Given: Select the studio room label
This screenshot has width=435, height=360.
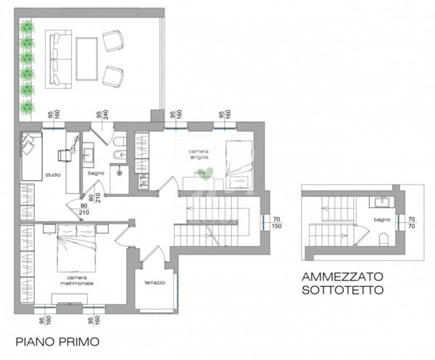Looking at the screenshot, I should [x=53, y=175].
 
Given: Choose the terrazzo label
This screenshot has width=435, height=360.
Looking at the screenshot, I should [x=154, y=282].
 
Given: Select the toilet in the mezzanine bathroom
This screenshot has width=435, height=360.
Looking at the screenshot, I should [x=386, y=240].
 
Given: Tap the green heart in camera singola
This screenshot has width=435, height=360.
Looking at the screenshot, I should [x=206, y=172].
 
